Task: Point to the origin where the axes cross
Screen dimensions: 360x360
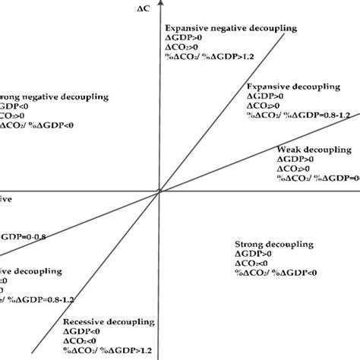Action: pos(159,192)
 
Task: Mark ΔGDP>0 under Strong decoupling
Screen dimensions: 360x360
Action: pos(254,252)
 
